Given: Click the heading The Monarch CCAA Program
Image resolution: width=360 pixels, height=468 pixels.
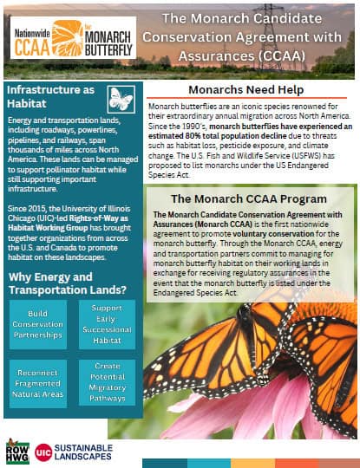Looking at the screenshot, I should [x=248, y=198].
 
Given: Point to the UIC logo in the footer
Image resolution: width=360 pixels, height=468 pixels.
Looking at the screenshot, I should [x=44, y=452].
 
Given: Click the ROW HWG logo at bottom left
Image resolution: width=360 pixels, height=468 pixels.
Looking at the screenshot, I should [x=17, y=451].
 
